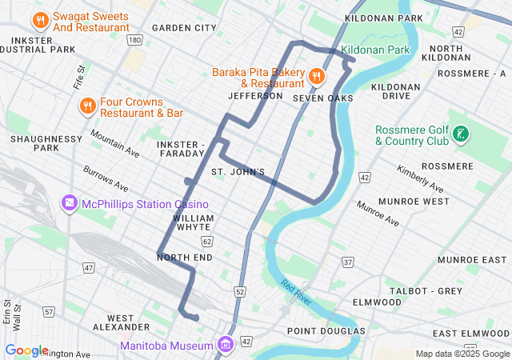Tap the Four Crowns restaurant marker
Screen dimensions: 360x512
87,106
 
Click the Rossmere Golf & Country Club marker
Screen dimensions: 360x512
460,134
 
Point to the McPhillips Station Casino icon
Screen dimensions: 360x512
70,203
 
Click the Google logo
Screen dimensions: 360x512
26,350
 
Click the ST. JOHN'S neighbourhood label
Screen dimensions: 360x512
238,172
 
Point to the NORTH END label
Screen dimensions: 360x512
185,258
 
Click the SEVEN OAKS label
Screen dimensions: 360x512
322,98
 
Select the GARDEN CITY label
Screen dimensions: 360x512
184,28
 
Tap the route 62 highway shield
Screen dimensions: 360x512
206,240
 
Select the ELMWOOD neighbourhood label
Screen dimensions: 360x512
377,302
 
